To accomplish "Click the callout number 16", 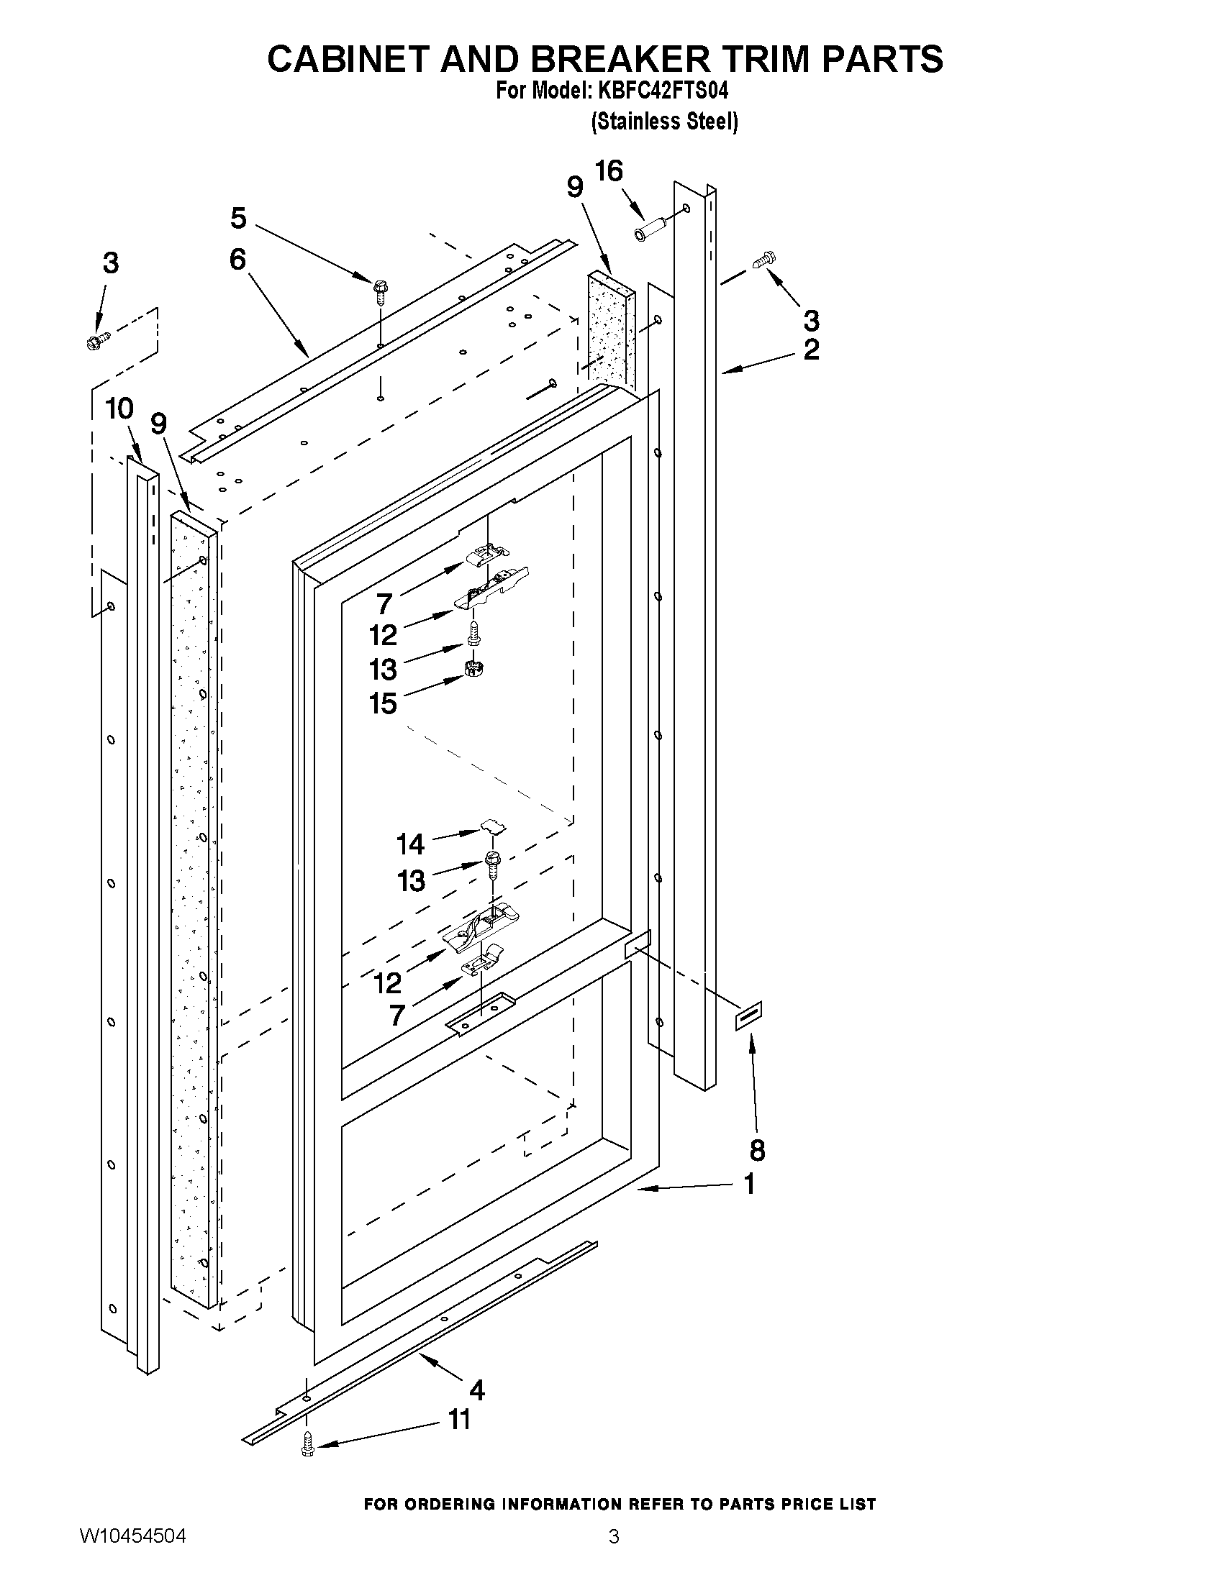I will pyautogui.click(x=608, y=171).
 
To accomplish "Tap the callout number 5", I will pyautogui.click(x=239, y=218).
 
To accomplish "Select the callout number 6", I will pyautogui.click(x=238, y=260).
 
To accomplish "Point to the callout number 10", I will pyautogui.click(x=119, y=409).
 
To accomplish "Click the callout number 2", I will pyautogui.click(x=812, y=350).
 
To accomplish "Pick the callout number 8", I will pyautogui.click(x=757, y=1150).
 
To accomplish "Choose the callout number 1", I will pyautogui.click(x=750, y=1185).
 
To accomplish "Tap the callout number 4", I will pyautogui.click(x=476, y=1390).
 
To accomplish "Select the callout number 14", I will pyautogui.click(x=410, y=844).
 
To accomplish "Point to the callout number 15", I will pyautogui.click(x=383, y=703).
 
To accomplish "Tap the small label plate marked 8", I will pyautogui.click(x=749, y=1016).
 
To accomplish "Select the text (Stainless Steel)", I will pyautogui.click(x=664, y=121).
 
